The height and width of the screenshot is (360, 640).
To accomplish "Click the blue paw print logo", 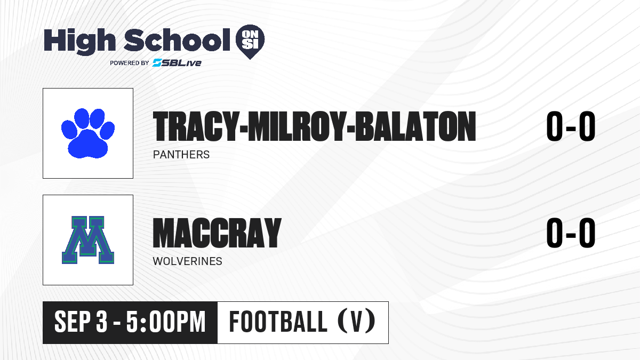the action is pos(88,133).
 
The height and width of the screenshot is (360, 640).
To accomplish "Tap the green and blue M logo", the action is pos(88,240).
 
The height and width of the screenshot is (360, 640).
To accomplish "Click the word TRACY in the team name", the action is pos(195,126).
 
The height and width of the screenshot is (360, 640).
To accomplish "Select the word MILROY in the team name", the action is pos(297,126).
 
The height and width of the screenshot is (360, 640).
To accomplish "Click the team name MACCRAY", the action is pos(217,233).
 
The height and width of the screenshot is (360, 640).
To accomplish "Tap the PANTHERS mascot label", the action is pos(181,155).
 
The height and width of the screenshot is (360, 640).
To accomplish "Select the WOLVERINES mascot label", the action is pos(187,261).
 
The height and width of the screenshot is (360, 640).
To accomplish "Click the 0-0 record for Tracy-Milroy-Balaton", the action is pos(571,126).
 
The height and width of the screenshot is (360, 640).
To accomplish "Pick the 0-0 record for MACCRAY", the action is pos(571,233).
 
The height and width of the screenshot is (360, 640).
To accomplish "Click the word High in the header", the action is pos(79,42).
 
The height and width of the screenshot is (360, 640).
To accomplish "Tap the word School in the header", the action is pos(177,40).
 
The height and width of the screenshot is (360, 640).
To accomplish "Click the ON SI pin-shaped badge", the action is pos(250,42).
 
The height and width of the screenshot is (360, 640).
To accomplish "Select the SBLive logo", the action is pos(177,63).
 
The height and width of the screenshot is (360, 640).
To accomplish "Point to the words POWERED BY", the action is pos(130,63).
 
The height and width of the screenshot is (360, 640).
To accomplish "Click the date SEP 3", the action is pos(81,322).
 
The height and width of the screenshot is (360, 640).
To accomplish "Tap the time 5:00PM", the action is pos(166,322).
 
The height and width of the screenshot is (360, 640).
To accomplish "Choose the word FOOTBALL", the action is pos(278,322).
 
